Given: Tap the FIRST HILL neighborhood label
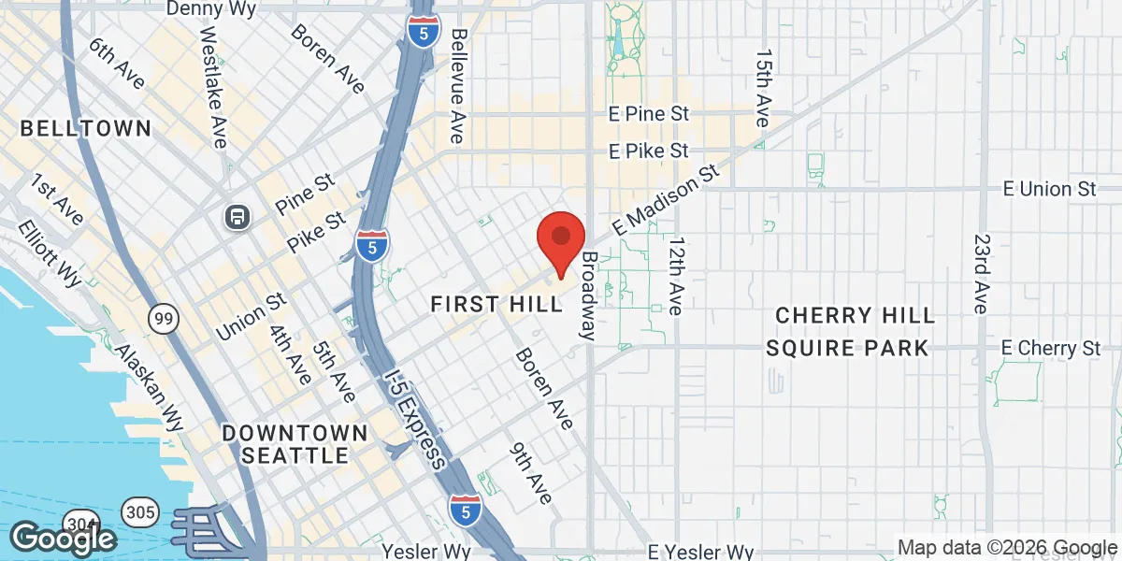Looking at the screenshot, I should click(496, 305).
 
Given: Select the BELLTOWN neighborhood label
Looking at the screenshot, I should click(85, 128).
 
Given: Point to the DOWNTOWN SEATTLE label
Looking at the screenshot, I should click(295, 444).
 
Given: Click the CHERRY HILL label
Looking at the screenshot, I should click(856, 315).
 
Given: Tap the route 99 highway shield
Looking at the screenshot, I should click(163, 320).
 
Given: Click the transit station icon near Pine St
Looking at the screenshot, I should click(238, 218).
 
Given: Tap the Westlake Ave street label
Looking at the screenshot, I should click(213, 84).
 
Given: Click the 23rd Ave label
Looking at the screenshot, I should click(979, 273).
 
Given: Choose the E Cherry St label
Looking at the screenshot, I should click(1050, 348).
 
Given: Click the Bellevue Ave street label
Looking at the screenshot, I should click(457, 85).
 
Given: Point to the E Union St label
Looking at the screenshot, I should click(1048, 189).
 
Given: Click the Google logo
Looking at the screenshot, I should click(63, 539).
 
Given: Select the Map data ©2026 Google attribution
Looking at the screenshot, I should click(1007, 547).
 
